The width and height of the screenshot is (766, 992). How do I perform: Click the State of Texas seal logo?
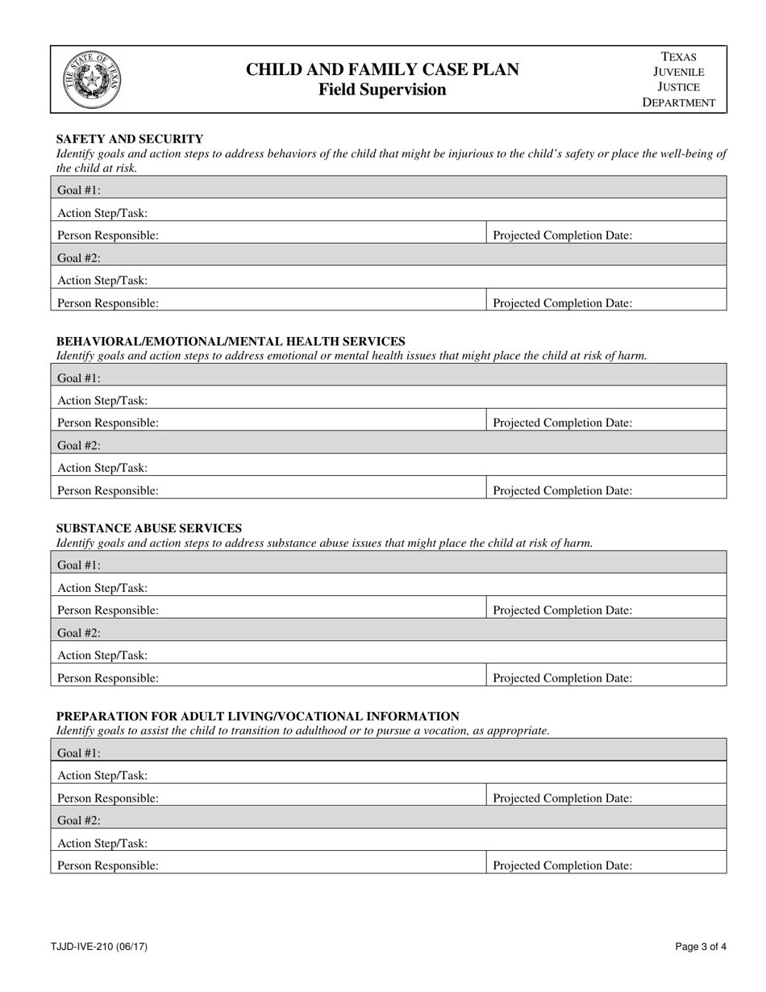[x=92, y=80]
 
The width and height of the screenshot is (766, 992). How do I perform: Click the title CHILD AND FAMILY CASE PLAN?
[x=382, y=70]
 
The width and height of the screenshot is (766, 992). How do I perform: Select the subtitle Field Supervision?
[x=382, y=90]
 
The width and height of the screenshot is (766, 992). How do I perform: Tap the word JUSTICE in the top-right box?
[x=678, y=87]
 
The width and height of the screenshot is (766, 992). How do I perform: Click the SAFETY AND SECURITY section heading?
[x=130, y=139]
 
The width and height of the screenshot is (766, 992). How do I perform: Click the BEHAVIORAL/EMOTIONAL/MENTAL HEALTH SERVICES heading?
[x=231, y=341]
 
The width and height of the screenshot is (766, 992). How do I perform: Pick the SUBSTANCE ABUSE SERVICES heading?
[x=149, y=528]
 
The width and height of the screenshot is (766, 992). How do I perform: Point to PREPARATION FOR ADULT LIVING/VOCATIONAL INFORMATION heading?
[x=258, y=716]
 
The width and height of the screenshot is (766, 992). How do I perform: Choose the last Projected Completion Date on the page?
[x=562, y=865]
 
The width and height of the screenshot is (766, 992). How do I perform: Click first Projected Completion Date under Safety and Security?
[x=562, y=235]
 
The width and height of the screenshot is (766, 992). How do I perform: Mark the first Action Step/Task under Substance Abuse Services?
[x=102, y=588]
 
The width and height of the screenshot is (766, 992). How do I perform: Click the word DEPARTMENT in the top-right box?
[x=678, y=102]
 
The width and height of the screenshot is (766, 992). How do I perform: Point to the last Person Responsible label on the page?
[x=108, y=865]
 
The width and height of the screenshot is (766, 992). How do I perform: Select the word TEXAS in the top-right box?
[x=678, y=56]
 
